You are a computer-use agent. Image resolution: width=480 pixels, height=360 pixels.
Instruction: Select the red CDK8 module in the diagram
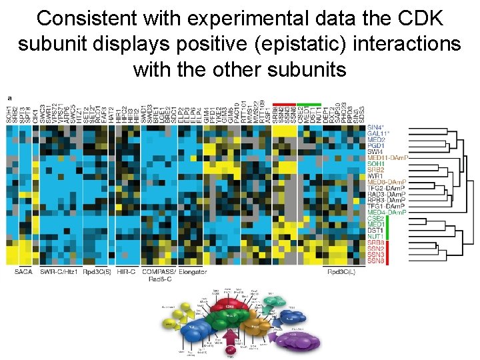[230, 307]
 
